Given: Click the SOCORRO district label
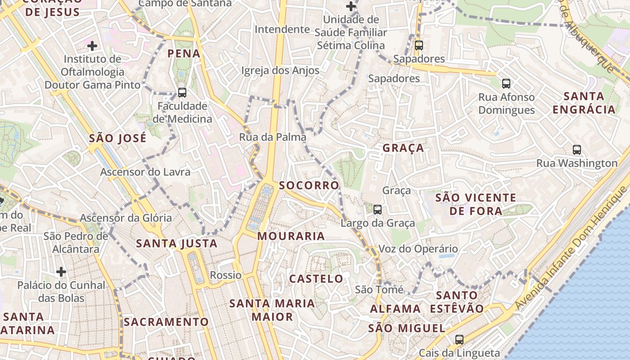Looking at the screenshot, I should (x=309, y=185).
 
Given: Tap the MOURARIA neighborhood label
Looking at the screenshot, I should (x=291, y=236).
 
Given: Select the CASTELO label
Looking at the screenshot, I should (x=316, y=279).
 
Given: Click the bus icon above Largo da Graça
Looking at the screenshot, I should (x=377, y=209).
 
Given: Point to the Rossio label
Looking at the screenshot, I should (x=226, y=275).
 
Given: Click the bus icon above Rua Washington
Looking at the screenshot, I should (x=576, y=149).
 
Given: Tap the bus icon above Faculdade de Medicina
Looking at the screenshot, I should (x=182, y=92).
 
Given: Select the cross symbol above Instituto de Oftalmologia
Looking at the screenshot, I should (x=92, y=45).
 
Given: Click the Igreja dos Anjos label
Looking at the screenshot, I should (x=280, y=71).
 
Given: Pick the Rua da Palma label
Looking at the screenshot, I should (x=273, y=137).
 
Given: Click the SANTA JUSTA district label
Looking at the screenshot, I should (x=177, y=244).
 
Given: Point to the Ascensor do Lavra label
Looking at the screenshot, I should (x=145, y=172).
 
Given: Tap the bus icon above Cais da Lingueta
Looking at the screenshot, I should (x=459, y=339).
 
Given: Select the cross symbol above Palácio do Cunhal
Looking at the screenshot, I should (x=61, y=271).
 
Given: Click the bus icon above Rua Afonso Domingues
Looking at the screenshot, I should (x=506, y=83).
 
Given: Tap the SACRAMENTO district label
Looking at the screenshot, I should (x=166, y=322).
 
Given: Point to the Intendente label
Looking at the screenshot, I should (x=282, y=30).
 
